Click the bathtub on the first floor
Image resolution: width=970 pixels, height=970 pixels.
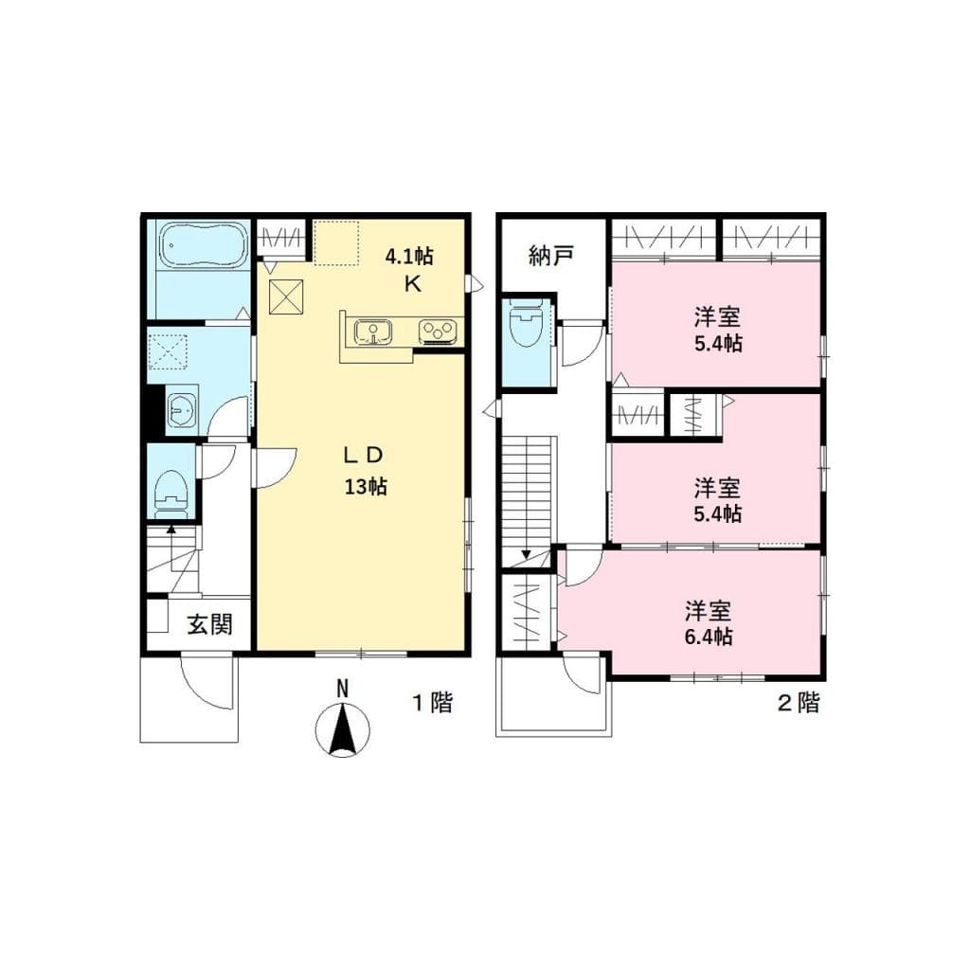(x=203, y=246)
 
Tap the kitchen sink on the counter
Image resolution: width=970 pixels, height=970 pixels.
(x=375, y=332)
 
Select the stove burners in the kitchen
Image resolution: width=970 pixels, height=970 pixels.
(x=439, y=332)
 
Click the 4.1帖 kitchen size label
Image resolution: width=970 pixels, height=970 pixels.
(x=409, y=255)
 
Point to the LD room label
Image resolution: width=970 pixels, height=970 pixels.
(x=363, y=456)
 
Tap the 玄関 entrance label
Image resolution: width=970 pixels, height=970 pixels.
(x=208, y=626)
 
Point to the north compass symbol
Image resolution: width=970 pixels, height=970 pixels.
(x=343, y=727)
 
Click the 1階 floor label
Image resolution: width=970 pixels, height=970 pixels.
(x=431, y=703)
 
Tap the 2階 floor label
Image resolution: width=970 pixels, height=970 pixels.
(x=798, y=703)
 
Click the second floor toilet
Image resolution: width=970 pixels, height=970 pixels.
(x=526, y=327)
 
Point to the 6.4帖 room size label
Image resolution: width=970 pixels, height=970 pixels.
(x=708, y=637)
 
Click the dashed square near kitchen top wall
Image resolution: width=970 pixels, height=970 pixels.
(x=336, y=242)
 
